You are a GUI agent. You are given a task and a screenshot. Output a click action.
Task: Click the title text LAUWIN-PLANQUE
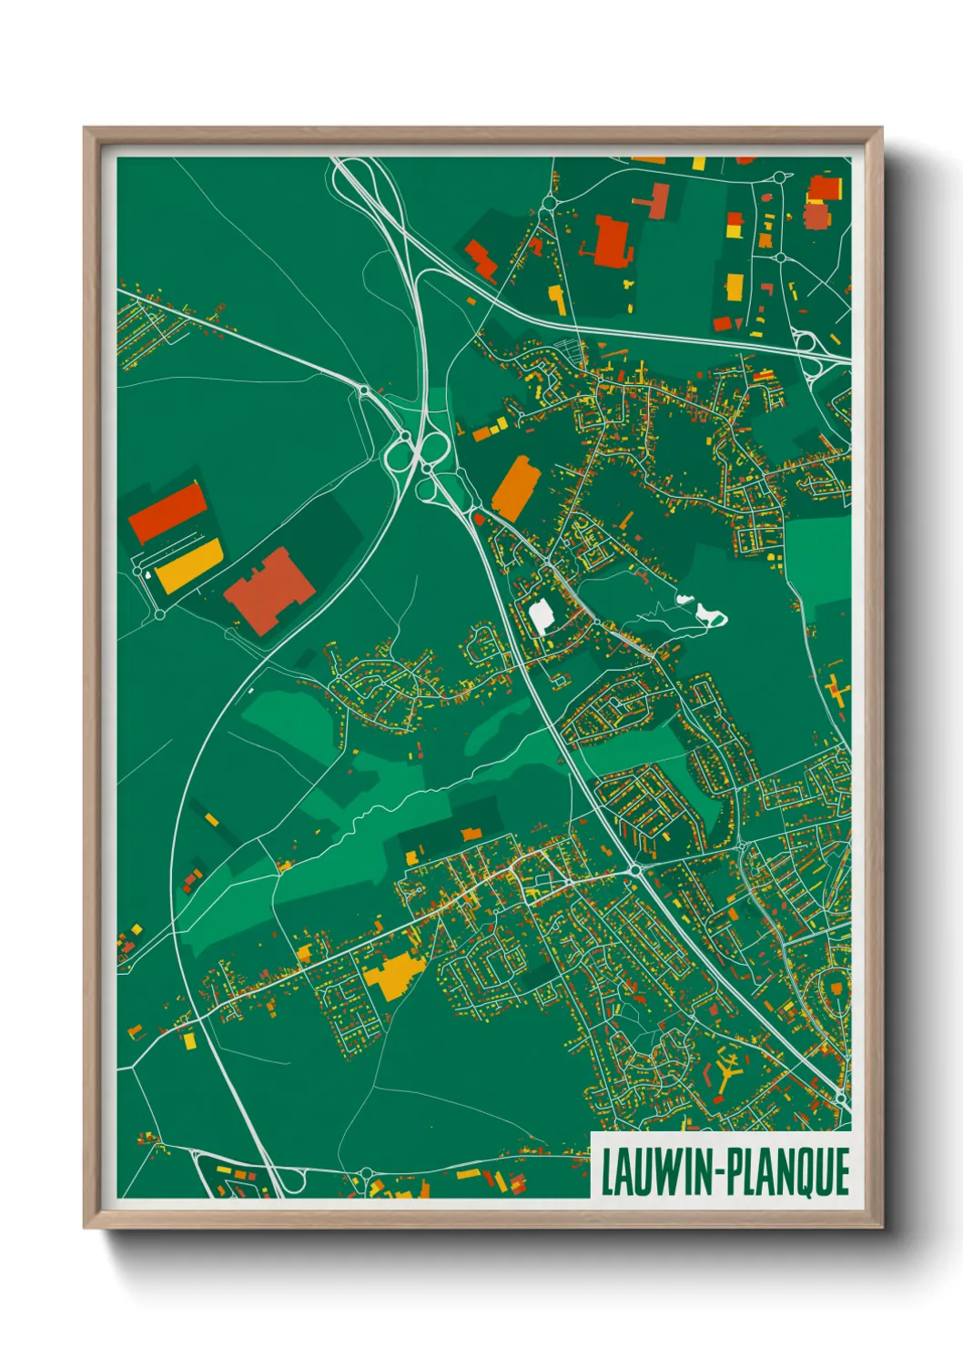click(x=724, y=1171)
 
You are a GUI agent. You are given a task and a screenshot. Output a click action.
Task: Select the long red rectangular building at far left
click(x=167, y=511)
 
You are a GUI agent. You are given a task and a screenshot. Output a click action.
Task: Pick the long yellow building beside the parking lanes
click(x=188, y=565)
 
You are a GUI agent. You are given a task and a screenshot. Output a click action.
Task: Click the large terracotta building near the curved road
click(x=269, y=590)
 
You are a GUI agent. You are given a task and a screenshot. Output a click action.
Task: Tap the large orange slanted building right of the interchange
click(x=516, y=488)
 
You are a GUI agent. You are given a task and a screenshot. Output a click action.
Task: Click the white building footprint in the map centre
click(x=542, y=616)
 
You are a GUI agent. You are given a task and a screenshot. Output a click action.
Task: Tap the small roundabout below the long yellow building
click(x=160, y=615)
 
